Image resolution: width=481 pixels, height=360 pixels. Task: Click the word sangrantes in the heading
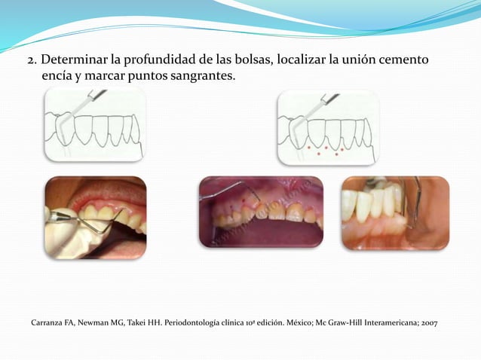point(198,77)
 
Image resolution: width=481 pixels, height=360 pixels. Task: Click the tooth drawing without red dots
point(94,124)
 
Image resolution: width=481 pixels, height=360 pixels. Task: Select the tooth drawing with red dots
point(328,127)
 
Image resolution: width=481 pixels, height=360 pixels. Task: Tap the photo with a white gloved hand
point(95,218)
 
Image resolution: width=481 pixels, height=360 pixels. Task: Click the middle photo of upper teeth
point(261,212)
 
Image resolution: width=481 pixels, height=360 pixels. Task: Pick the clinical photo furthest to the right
point(395,212)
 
